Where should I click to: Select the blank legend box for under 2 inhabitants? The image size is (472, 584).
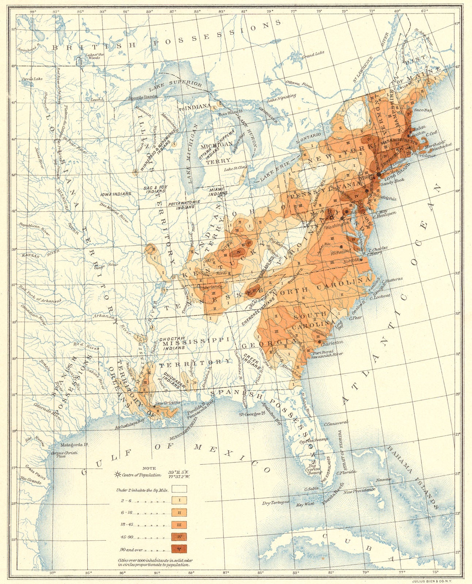click(x=179, y=489)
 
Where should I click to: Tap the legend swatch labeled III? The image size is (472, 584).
click(x=179, y=525)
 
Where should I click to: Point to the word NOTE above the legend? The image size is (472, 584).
click(x=149, y=468)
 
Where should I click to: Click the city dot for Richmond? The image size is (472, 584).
click(x=341, y=247)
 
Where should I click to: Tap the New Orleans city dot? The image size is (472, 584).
click(x=155, y=406)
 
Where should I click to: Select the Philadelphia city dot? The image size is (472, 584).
click(x=366, y=191)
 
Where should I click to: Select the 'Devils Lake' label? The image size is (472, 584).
click(x=32, y=79)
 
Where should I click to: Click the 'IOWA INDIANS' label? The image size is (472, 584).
click(x=116, y=195)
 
